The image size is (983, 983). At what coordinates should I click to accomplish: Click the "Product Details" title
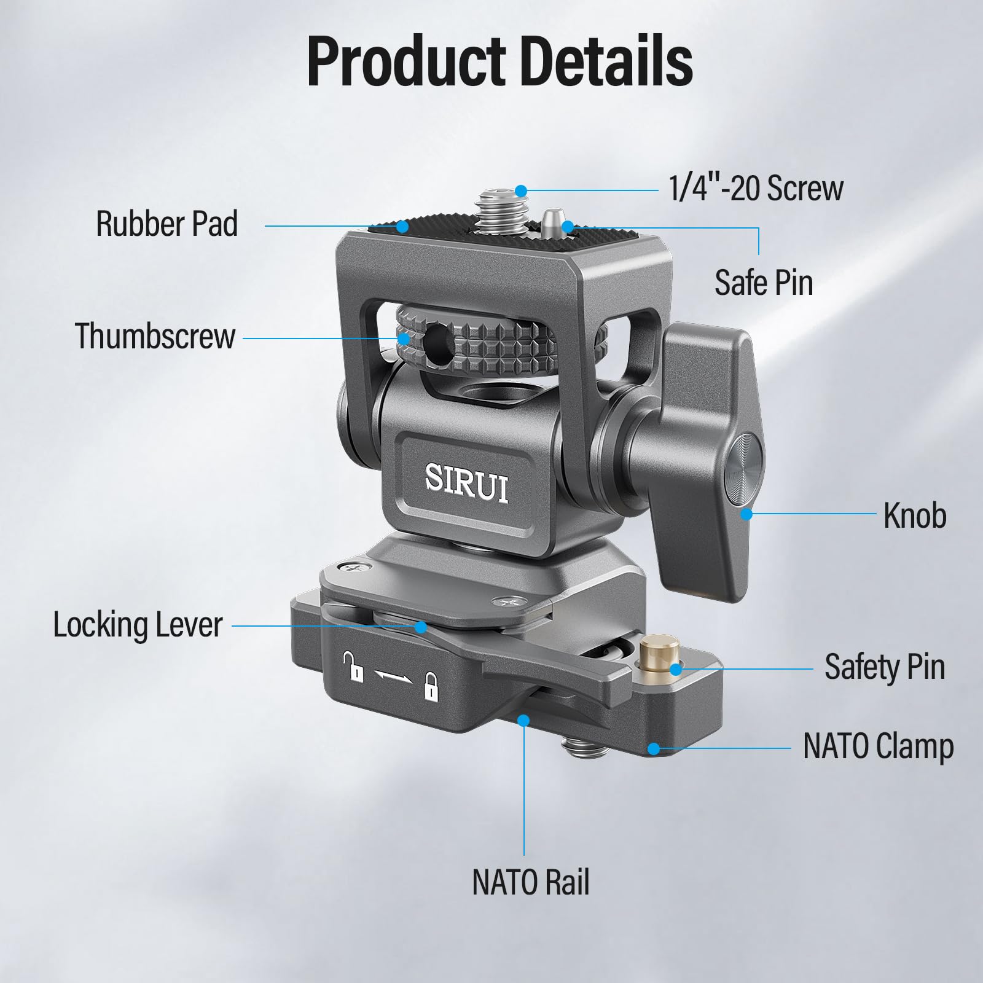499,61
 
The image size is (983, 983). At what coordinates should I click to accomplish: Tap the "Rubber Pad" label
167,224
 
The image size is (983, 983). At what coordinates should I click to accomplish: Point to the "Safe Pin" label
764,283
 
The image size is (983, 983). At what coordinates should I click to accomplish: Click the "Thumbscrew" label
155,336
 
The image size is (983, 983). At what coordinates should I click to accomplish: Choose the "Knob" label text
915,515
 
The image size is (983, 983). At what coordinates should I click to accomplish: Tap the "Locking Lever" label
138,625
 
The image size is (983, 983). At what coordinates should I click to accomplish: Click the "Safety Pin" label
884,667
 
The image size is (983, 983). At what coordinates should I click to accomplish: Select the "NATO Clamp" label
878,747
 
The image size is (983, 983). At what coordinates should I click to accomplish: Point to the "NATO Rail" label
531,882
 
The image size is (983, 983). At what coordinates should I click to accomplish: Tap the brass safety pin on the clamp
659,655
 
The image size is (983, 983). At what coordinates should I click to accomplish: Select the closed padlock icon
432,686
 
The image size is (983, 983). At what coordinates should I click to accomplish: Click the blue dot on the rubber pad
402,226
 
